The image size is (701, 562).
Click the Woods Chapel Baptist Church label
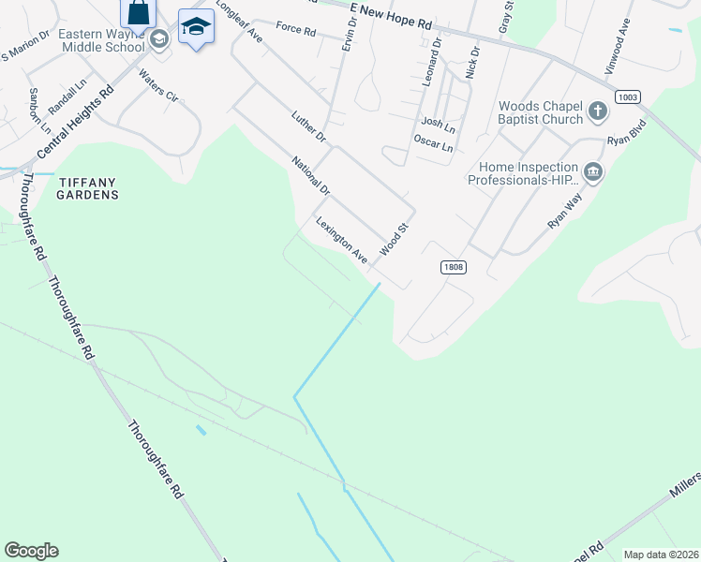tap(541, 113)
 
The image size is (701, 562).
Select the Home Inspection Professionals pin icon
tap(592, 172)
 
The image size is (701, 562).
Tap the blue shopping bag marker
tap(138, 13)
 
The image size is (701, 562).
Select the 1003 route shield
tap(628, 97)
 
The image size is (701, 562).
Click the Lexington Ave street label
tap(341, 239)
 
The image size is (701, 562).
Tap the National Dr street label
tap(311, 175)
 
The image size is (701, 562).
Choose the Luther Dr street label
tap(307, 127)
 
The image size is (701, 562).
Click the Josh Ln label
tap(438, 123)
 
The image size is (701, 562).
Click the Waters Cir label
tap(158, 84)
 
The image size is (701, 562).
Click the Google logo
tap(31, 551)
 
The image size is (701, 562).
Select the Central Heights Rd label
tap(75, 122)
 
